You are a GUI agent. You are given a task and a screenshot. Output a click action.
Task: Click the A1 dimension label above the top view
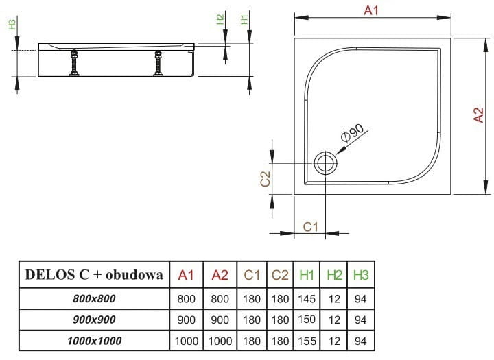(370, 10)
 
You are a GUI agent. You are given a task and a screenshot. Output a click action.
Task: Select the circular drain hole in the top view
(325, 163)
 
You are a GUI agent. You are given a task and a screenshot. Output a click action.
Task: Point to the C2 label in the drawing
(265, 179)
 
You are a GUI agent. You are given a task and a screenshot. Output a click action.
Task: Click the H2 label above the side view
(220, 19)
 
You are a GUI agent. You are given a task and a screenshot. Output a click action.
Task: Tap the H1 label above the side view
(245, 19)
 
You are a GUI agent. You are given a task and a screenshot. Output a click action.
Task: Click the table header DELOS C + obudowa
(93, 276)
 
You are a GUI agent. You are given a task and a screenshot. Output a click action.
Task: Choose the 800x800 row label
(94, 298)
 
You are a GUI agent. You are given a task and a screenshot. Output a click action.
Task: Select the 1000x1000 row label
(94, 341)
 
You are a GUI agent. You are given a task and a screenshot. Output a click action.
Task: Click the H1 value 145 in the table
(307, 298)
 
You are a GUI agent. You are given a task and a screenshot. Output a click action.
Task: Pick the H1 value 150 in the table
(307, 320)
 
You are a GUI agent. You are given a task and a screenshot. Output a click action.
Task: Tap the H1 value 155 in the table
(307, 341)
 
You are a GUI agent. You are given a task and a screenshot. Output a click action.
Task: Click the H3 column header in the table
(360, 276)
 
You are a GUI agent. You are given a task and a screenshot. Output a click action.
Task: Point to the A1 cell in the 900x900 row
(186, 320)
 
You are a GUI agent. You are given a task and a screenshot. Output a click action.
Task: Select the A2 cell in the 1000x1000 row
(220, 341)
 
